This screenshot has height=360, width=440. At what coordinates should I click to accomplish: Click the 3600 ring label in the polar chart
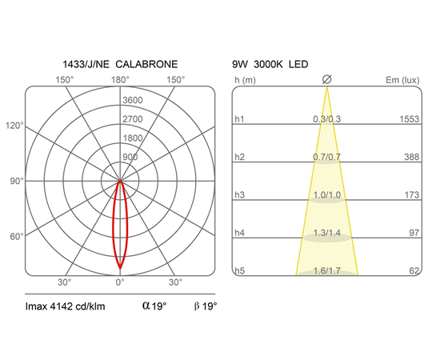coord(133,100)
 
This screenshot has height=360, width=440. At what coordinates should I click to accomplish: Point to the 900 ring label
coord(130,157)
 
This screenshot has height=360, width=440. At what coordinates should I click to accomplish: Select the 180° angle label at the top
coord(120,80)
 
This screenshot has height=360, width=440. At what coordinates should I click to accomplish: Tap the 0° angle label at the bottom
coord(120,282)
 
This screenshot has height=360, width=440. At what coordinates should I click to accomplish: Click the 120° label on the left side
coord(14,126)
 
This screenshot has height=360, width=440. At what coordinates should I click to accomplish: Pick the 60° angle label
coord(17,237)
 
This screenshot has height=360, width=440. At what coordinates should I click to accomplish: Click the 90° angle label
coord(17,181)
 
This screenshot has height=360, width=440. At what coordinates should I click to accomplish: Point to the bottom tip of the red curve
coord(120,269)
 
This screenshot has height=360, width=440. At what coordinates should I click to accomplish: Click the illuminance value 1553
coord(410,119)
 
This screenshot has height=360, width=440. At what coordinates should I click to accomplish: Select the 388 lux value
coord(412,157)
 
